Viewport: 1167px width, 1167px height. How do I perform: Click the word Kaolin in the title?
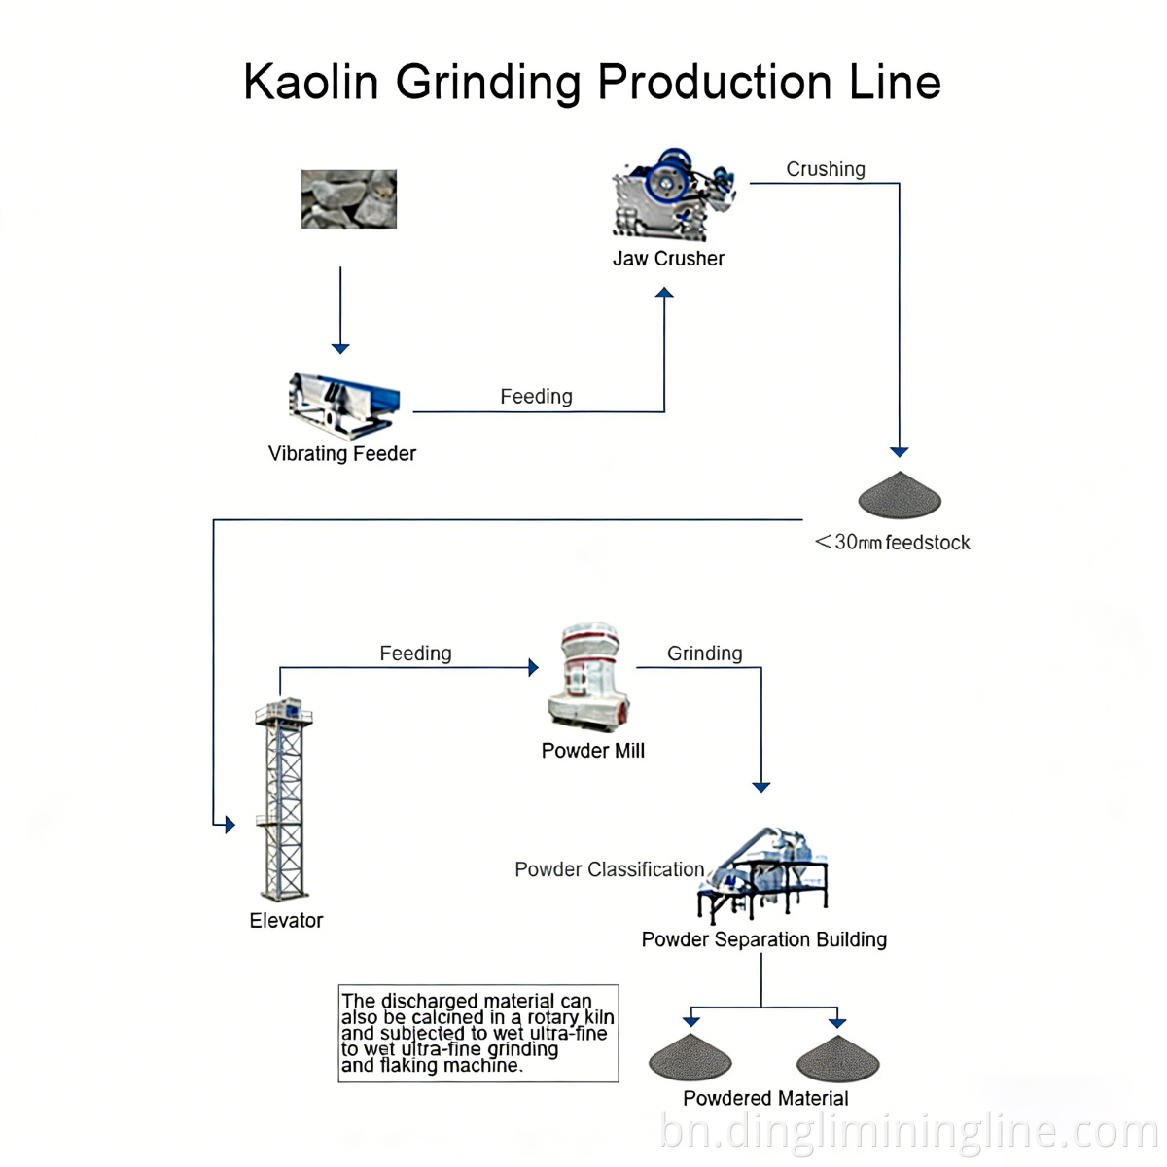click(x=310, y=82)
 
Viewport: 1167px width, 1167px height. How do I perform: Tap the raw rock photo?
click(x=349, y=199)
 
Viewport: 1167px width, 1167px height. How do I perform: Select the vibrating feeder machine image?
click(x=344, y=404)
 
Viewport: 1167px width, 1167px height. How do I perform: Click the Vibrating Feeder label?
click(x=341, y=453)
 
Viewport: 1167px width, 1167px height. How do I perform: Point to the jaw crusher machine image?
click(x=671, y=194)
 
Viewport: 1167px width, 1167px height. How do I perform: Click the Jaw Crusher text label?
click(x=668, y=259)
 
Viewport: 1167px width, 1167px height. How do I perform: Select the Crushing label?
click(x=825, y=169)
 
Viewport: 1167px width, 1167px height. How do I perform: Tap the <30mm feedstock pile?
click(x=900, y=496)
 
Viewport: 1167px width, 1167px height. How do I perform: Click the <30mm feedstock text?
click(x=893, y=543)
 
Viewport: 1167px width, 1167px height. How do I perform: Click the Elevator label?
click(x=286, y=921)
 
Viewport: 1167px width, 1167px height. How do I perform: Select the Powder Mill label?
click(x=592, y=751)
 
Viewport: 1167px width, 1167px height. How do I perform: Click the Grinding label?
click(x=704, y=654)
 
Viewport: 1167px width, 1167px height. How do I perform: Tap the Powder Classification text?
click(x=609, y=869)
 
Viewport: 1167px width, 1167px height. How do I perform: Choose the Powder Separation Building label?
click(x=763, y=939)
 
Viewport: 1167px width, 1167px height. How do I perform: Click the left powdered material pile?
click(x=690, y=1058)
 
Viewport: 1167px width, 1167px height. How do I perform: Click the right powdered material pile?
click(x=837, y=1058)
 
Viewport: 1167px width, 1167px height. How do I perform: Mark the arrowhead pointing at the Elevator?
click(x=230, y=825)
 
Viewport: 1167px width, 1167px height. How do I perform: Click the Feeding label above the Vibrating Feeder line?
click(x=536, y=397)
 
